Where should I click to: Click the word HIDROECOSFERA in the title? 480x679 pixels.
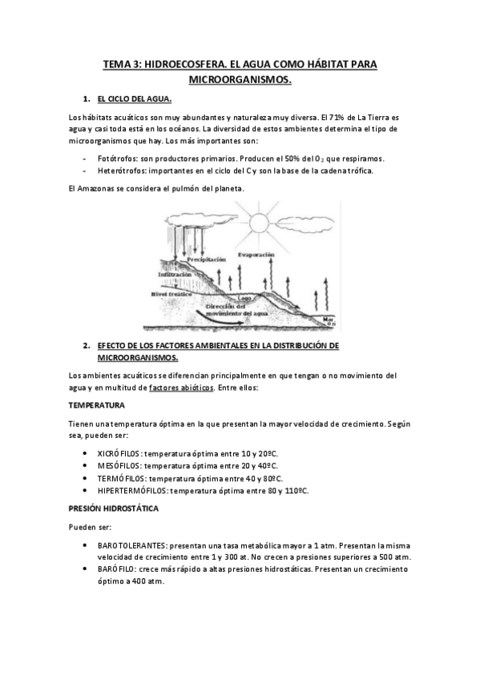coord(183,62)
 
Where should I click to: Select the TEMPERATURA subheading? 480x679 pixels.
coord(96,405)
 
